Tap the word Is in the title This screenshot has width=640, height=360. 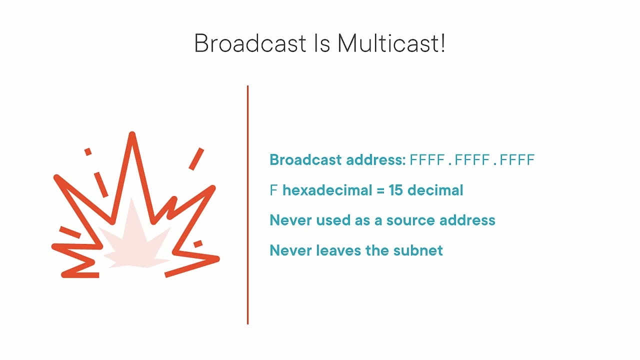[322, 43]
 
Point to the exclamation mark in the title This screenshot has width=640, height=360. [442, 43]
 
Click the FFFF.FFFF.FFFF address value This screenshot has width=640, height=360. [472, 160]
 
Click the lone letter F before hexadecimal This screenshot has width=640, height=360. [273, 190]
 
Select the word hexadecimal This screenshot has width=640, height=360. [327, 190]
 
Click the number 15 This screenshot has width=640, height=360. [395, 190]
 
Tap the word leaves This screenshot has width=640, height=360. [338, 250]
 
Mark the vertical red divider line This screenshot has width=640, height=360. [247, 205]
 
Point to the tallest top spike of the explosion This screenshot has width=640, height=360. [132, 137]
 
